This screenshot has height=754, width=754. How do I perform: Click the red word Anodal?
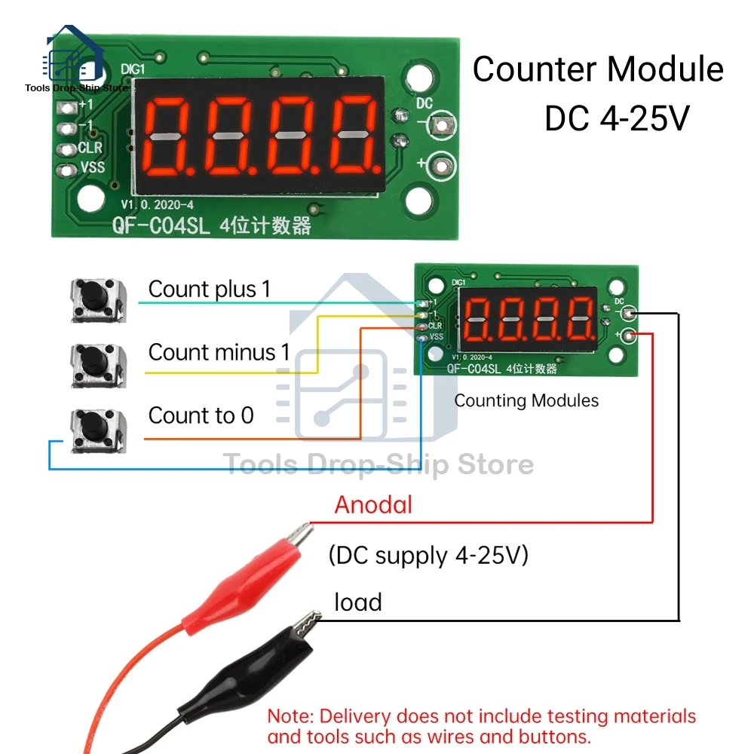[374, 504]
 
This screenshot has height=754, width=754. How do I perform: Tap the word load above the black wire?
[358, 602]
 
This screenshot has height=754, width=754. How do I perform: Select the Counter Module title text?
[598, 69]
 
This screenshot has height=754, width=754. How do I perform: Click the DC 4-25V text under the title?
[617, 118]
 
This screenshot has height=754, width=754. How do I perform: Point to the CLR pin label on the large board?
[90, 147]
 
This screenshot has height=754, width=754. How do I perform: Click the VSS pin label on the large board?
[92, 167]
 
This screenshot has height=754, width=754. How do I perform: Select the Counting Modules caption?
[526, 400]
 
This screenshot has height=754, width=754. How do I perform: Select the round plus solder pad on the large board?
[440, 162]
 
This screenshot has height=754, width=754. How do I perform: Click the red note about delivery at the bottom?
[481, 725]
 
